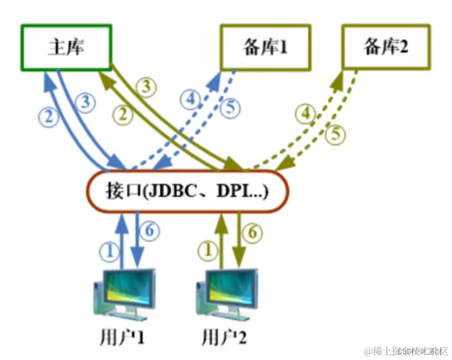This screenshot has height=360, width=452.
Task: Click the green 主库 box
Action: click(66, 48)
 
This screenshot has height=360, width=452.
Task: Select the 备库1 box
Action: click(265, 48)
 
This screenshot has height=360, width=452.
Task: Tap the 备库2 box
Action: click(385, 48)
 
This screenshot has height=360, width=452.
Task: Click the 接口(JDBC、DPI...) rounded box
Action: click(187, 191)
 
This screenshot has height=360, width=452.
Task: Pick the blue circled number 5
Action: click(229, 108)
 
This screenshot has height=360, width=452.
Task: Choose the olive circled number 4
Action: click(306, 115)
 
